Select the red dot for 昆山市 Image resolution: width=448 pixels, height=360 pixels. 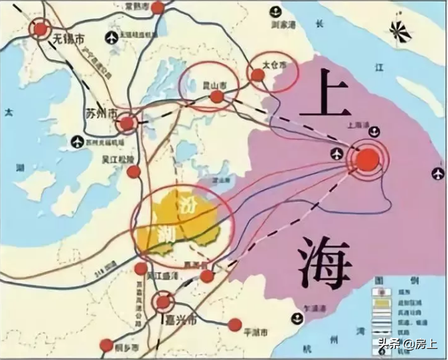216,98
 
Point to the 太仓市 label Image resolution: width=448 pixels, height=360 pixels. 274,66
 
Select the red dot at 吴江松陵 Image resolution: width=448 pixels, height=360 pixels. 134,172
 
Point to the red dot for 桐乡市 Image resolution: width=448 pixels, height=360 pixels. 106,345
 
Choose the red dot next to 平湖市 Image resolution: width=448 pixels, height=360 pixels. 234,324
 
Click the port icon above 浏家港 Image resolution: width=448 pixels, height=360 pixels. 277,11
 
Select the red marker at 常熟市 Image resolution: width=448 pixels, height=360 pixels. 157,8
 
